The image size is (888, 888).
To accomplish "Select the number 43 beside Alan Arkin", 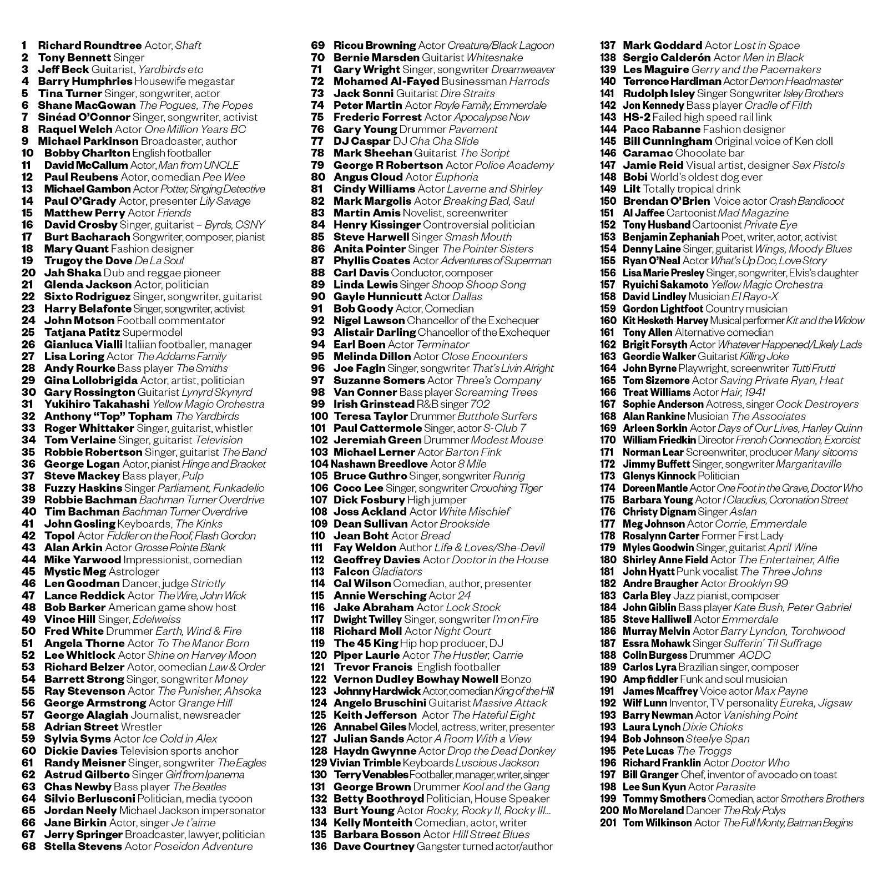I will (x=28, y=548).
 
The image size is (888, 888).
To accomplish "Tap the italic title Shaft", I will (x=188, y=46).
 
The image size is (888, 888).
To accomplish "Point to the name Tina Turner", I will (x=69, y=93).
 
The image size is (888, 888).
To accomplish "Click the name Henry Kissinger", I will (x=377, y=225).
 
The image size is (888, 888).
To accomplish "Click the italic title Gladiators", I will (x=397, y=572).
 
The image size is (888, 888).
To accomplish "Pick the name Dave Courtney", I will (x=374, y=847).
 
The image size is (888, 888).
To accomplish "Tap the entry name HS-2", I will (x=636, y=117).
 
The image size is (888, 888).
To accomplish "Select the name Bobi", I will (x=635, y=177).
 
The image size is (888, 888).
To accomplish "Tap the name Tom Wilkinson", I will (x=657, y=823).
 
